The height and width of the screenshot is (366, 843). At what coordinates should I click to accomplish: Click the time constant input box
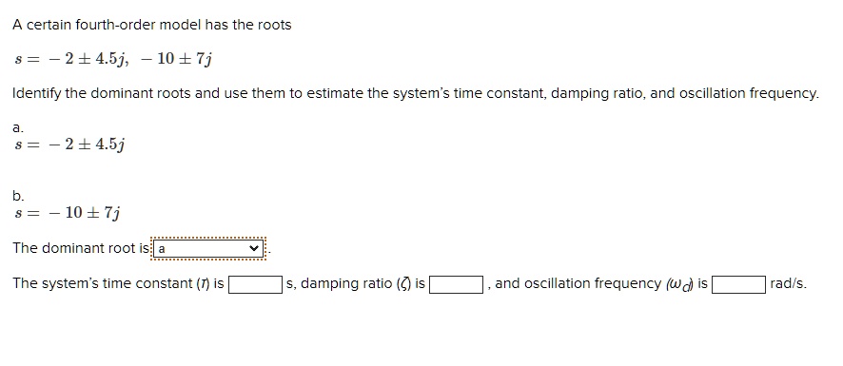254,284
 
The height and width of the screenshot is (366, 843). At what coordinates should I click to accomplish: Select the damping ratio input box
459,284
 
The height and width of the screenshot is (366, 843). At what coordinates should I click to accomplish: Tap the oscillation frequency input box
739,284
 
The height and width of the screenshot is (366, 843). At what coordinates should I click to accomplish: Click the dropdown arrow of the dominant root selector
253,248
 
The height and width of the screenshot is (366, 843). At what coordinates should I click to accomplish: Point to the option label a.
17,125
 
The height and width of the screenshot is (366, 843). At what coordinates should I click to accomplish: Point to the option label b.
17,196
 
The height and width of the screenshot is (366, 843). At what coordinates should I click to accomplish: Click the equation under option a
70,144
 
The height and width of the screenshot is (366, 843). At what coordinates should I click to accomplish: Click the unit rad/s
789,283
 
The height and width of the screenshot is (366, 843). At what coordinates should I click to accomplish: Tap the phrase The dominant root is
82,248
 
